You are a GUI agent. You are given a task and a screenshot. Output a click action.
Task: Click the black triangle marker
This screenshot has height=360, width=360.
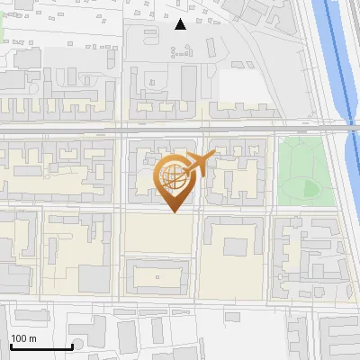[181, 24]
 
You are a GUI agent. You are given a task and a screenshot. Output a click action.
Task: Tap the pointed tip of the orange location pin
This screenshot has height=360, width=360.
[175, 211]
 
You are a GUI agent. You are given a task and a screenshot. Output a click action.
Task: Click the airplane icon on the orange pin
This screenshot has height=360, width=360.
[201, 164]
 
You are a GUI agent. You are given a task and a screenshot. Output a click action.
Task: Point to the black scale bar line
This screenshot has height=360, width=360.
[41, 346]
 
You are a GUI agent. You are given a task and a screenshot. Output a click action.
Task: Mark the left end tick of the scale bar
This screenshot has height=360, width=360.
[11, 345]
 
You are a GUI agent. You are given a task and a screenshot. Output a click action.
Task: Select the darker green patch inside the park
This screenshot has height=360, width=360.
[311, 187]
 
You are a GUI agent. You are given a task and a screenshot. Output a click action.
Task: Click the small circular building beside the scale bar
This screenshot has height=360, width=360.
[78, 345]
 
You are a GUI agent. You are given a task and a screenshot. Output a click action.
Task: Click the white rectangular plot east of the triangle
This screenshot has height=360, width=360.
[238, 85]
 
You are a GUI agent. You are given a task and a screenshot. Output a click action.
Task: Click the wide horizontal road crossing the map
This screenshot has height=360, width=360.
[180, 131]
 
